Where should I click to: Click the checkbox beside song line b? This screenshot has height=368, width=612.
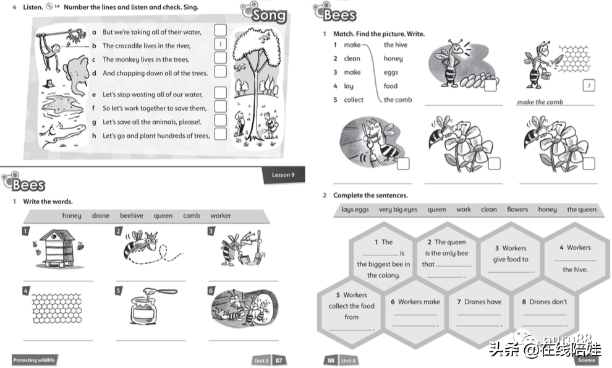(220, 45)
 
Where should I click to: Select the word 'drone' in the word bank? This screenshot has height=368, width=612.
(101, 216)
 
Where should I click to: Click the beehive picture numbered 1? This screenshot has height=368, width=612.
(57, 248)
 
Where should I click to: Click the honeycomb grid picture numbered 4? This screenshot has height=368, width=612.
(57, 309)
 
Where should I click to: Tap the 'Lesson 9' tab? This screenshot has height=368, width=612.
(283, 174)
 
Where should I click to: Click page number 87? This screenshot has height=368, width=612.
(279, 360)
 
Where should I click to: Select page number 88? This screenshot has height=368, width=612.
(331, 360)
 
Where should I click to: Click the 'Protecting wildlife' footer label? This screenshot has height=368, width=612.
(34, 360)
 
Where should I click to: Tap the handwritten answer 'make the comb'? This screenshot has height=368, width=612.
(540, 102)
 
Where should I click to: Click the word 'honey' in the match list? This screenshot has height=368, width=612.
(393, 59)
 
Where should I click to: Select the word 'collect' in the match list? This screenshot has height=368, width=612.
(354, 100)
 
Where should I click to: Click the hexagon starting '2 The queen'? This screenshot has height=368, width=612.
(446, 259)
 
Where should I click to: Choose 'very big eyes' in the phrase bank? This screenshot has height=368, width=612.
(398, 210)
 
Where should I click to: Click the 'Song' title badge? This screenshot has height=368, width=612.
(269, 15)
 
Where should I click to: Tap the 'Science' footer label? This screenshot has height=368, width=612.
(586, 360)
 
